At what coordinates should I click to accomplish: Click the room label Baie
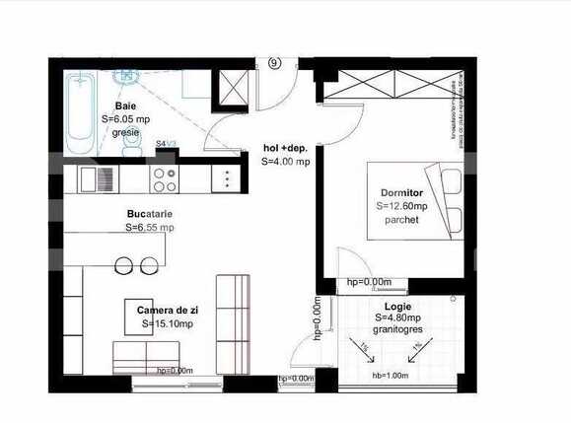coord(124,105)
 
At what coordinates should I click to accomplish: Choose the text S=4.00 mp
coord(286,161)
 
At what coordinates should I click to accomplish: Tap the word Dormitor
coord(401,191)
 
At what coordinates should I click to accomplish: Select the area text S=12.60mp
coord(401,206)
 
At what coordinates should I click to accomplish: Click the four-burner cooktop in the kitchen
coord(164,179)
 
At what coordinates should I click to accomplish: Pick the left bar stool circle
coord(125,264)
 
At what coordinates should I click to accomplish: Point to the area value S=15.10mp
coord(167,322)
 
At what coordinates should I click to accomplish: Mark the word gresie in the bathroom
coord(125,131)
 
